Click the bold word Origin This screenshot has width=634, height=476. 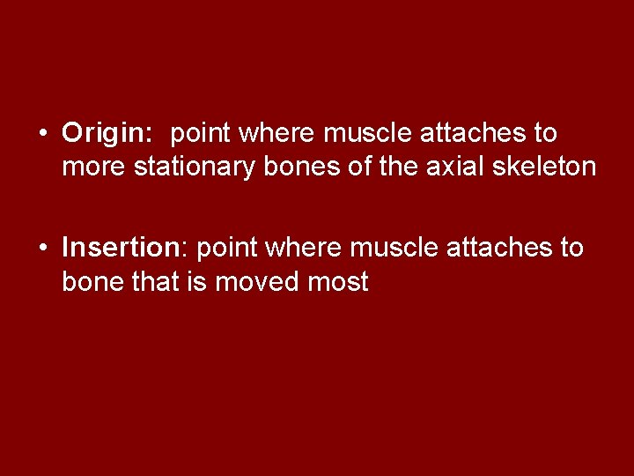click(106, 134)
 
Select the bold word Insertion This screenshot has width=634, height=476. click(121, 249)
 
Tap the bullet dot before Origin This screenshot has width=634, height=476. click(42, 134)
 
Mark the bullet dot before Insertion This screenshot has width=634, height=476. click(42, 249)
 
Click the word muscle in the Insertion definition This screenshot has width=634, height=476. click(394, 249)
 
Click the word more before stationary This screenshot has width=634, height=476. click(93, 166)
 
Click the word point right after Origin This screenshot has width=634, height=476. click(201, 134)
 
